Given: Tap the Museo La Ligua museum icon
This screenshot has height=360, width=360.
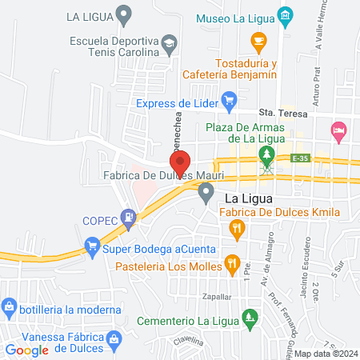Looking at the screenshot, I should point(285,15).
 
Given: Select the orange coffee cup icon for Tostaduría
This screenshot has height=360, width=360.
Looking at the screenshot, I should point(258,40).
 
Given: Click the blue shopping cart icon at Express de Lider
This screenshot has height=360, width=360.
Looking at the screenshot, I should point(230,102).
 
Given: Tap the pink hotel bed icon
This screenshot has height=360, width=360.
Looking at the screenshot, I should point(339,129).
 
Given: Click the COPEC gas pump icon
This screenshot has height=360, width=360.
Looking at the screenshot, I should point(127,217).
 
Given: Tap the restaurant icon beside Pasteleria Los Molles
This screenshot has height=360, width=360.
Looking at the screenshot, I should point(231,262).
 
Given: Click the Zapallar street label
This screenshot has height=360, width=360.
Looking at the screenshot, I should point(199,295).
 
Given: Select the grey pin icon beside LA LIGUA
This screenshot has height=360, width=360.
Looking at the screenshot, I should point(123,14).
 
